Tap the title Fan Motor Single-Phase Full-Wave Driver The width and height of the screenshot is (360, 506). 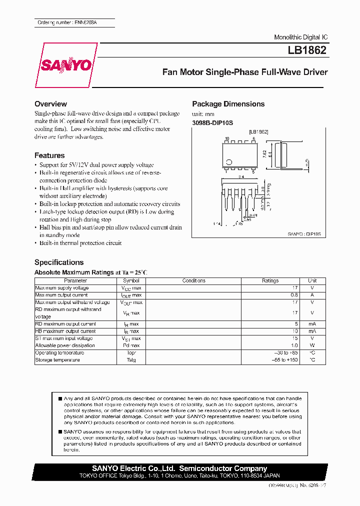tap(245, 72)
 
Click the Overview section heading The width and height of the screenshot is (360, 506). tap(50, 104)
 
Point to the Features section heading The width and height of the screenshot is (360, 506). tap(49, 155)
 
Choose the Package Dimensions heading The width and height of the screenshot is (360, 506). tap(228, 104)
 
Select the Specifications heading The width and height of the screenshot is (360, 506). tap(59, 262)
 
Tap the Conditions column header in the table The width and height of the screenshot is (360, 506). tap(193, 281)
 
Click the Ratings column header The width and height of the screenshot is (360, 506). tap(270, 281)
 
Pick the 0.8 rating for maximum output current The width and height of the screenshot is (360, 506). tap(294, 295)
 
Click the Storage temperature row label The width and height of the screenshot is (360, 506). tap(57, 360)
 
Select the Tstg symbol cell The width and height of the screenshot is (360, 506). tap(131, 360)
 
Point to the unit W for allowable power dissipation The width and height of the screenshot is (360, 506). tap(312, 345)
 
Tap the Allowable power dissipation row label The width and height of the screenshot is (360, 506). tap(65, 345)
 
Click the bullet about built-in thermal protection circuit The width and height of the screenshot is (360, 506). tap(80, 243)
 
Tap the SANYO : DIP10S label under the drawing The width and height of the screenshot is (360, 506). tap(303, 233)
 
